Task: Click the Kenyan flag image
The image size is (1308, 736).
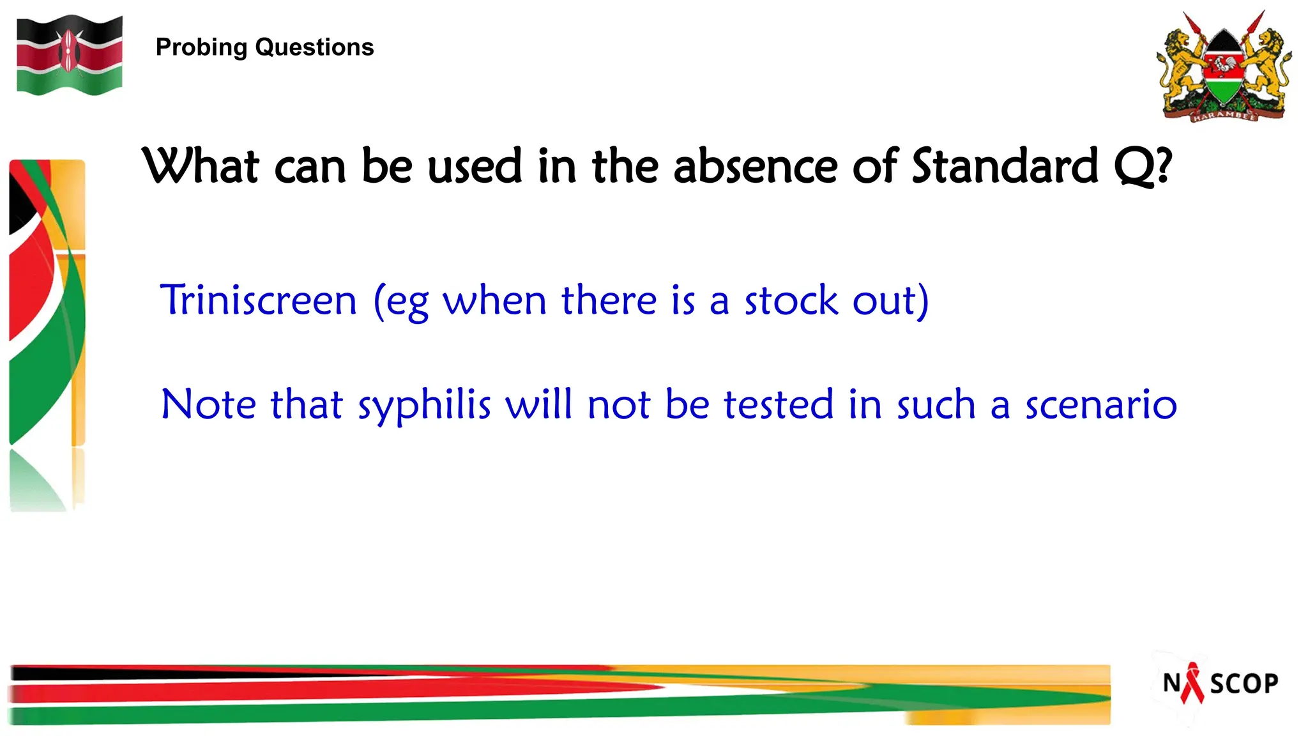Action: (70, 56)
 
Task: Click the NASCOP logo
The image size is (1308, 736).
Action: (1220, 684)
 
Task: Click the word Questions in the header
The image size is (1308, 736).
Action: (314, 48)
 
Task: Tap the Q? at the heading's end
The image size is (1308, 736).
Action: (1143, 166)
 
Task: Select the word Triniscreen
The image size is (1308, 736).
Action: (258, 300)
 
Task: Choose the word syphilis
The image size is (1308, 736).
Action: (424, 405)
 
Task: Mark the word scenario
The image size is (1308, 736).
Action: (1101, 405)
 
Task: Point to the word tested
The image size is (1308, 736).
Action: (779, 405)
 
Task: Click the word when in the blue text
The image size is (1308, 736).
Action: (495, 300)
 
